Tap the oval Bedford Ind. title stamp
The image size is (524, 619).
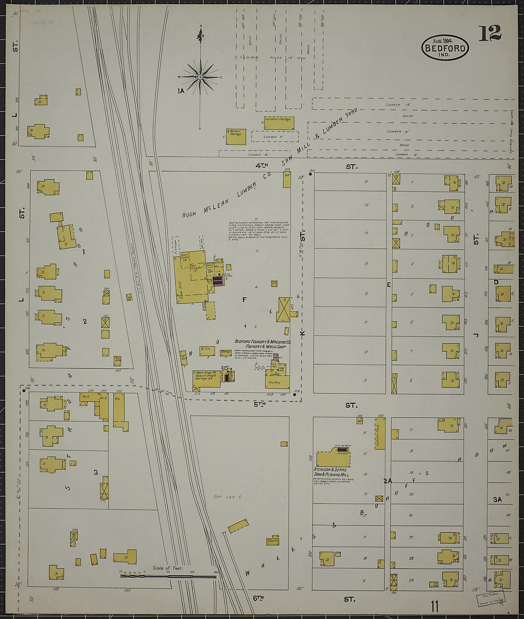tap(445, 48)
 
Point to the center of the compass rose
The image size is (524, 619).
tap(201, 77)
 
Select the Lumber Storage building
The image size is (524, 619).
tap(279, 122)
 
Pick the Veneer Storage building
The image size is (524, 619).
tap(236, 136)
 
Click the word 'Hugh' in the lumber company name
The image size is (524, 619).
tap(189, 214)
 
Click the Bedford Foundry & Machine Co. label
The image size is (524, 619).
tap(262, 342)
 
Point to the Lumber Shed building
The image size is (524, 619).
tap(380, 433)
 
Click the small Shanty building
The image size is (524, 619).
tap(272, 541)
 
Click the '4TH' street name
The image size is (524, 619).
tap(262, 166)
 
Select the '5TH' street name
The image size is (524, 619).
tap(259, 404)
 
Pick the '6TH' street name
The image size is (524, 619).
tap(258, 598)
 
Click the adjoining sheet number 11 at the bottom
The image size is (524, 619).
tap(434, 606)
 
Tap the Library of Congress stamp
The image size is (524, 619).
tap(489, 598)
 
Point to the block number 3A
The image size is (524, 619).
tap(497, 499)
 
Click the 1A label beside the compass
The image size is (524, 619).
tap(181, 91)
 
